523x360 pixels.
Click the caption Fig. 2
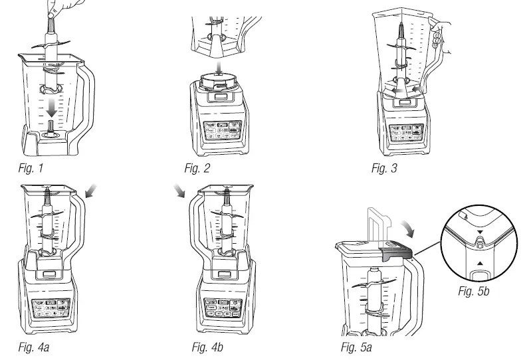[x=198, y=168]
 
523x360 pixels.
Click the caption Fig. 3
[x=385, y=168]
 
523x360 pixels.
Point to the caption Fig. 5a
[x=354, y=347]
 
